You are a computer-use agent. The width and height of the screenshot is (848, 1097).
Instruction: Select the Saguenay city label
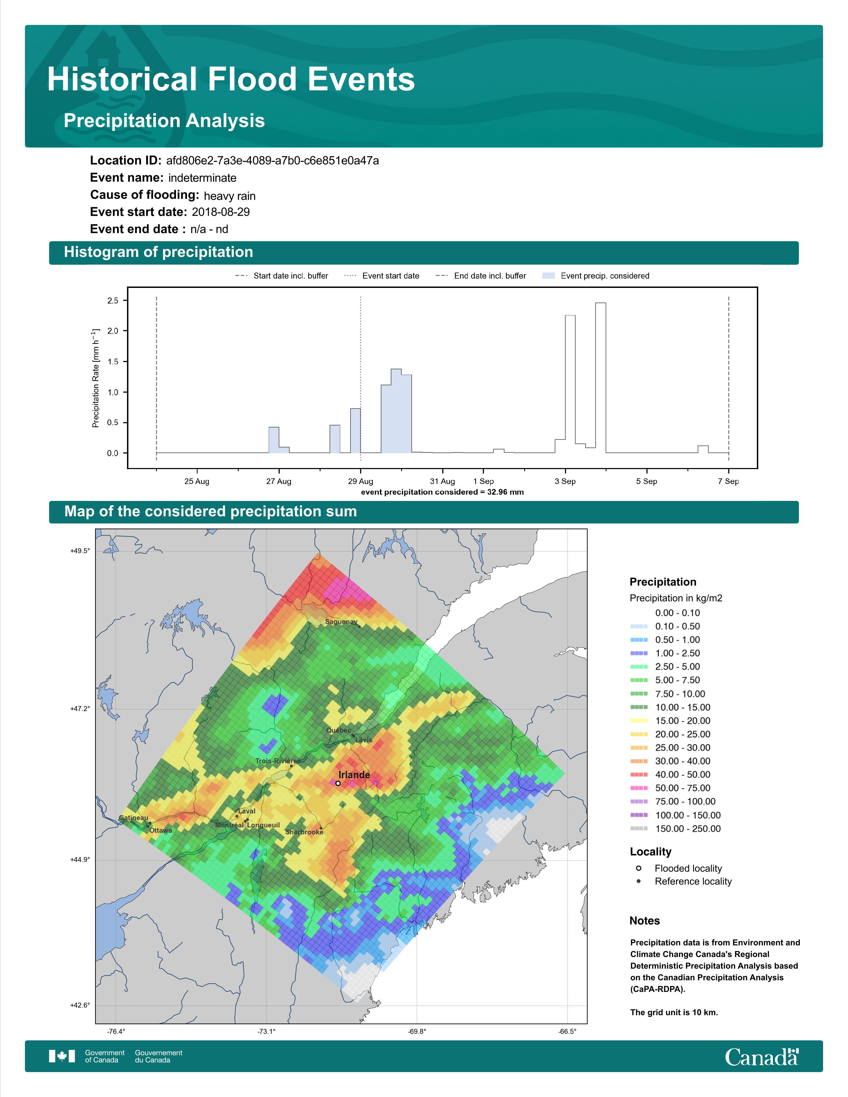click(341, 621)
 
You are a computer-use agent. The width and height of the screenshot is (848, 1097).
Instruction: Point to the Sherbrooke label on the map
click(304, 832)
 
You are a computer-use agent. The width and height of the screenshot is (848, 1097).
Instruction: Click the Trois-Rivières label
click(277, 761)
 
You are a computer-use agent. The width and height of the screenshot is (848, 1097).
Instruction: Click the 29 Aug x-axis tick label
click(361, 481)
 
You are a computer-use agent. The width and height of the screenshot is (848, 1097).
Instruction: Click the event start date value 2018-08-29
click(220, 212)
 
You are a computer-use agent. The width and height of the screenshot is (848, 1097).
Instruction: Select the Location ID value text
click(272, 161)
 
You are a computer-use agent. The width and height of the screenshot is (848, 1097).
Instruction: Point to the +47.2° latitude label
click(80, 709)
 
